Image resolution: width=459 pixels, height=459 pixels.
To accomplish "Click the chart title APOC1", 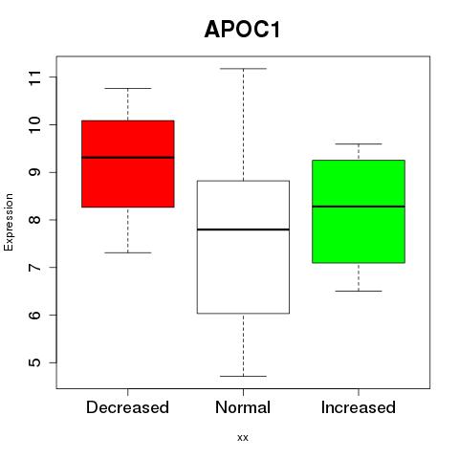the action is pyautogui.click(x=242, y=30).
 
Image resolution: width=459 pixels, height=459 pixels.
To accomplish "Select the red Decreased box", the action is pyautogui.click(x=128, y=164).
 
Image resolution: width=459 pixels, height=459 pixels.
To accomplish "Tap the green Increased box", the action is pyautogui.click(x=359, y=211).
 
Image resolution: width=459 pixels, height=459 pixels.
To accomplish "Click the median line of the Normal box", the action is pyautogui.click(x=243, y=229).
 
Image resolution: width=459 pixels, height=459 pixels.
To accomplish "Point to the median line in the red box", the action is pyautogui.click(x=128, y=158).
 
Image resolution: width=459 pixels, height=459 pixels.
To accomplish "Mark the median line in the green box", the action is pyautogui.click(x=359, y=207).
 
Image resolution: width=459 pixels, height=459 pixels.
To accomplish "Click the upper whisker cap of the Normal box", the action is pyautogui.click(x=243, y=69).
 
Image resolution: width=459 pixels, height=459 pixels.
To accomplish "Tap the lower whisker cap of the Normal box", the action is pyautogui.click(x=243, y=376).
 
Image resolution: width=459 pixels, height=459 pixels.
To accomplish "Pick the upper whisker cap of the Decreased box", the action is pyautogui.click(x=128, y=88).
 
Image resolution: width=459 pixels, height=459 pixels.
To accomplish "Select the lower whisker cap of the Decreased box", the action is pyautogui.click(x=128, y=252).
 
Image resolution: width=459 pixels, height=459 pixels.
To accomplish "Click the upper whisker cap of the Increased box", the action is pyautogui.click(x=359, y=144).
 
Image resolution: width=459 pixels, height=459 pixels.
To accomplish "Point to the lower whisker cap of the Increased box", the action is pyautogui.click(x=359, y=291).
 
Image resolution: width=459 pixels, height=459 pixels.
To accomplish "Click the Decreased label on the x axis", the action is pyautogui.click(x=127, y=407).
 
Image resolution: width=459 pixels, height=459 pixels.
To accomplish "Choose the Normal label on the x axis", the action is pyautogui.click(x=243, y=407).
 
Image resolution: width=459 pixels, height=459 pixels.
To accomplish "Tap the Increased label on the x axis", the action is pyautogui.click(x=359, y=407).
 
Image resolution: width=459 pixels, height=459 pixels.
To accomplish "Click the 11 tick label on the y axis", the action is pyautogui.click(x=34, y=77).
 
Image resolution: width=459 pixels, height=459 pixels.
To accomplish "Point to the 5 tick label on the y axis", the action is pyautogui.click(x=34, y=362).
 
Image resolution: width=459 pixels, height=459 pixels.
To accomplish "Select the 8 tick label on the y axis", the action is pyautogui.click(x=34, y=220).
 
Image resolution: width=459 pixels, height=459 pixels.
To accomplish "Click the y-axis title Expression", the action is pyautogui.click(x=9, y=222).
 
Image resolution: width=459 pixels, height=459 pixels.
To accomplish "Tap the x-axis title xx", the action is pyautogui.click(x=243, y=438).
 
